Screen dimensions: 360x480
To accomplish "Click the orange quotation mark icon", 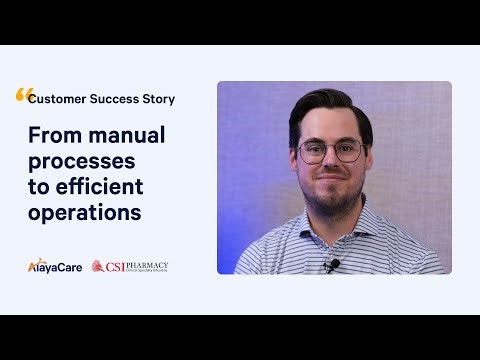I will [24, 95].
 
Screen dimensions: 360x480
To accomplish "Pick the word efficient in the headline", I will [99, 187].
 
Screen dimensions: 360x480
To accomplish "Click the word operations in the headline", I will [84, 213].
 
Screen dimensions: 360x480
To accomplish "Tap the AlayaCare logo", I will [54, 266].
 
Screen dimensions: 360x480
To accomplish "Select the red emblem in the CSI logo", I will [99, 266].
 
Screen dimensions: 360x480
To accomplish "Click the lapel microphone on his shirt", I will [332, 265].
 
